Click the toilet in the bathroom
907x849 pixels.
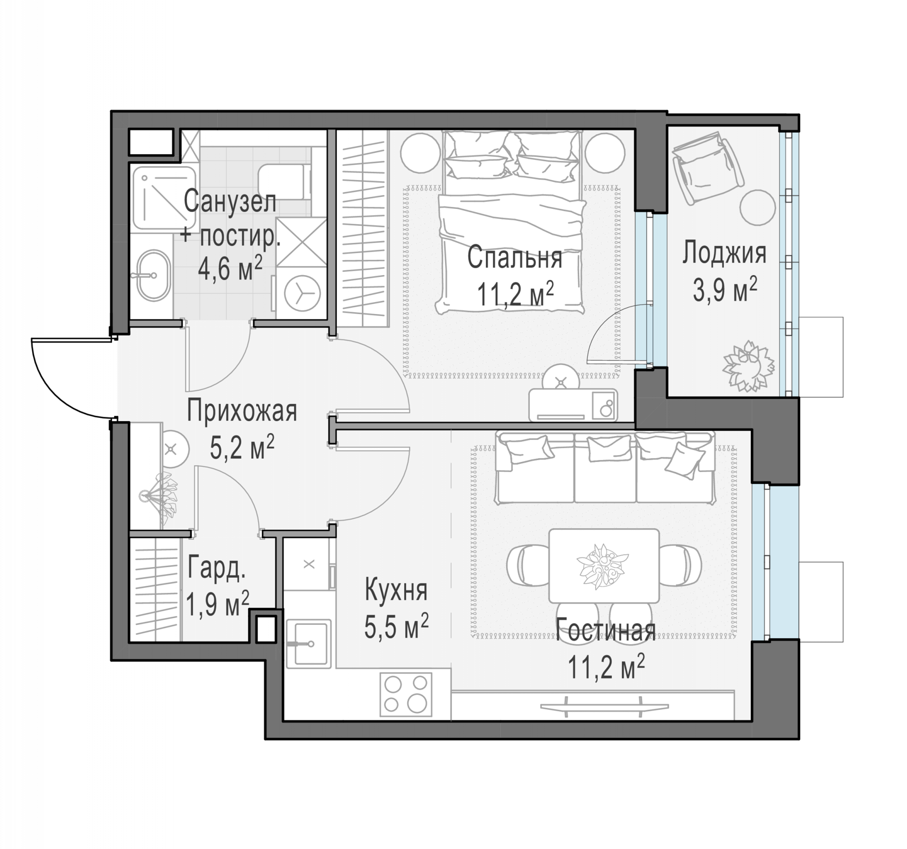[x=285, y=181]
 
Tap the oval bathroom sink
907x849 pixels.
[x=153, y=275]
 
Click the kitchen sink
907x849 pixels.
[x=308, y=644]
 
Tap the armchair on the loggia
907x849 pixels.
[x=709, y=167]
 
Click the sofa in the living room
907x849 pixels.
[x=605, y=467]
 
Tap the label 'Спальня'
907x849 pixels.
[x=514, y=258]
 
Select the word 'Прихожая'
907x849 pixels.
[x=242, y=411]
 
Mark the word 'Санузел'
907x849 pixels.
[x=230, y=201]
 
